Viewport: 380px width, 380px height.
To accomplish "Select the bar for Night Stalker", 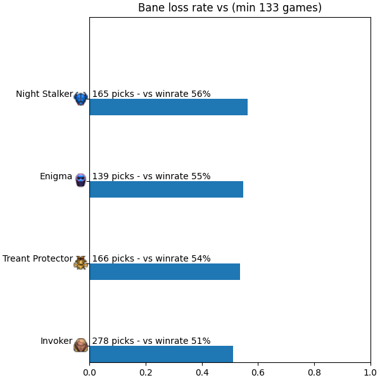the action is (168, 107).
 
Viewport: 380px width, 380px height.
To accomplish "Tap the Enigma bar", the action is (167, 189).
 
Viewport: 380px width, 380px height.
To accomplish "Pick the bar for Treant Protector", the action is (165, 272).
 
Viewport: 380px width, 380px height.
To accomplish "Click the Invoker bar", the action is (161, 354).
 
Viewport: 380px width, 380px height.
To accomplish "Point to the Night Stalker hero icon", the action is (80, 99).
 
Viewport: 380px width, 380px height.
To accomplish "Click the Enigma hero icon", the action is (80, 180).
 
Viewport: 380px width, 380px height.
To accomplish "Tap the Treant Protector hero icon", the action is (80, 263).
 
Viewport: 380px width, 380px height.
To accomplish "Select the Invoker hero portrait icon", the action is (80, 345).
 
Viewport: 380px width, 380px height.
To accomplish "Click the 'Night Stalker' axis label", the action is (44, 94).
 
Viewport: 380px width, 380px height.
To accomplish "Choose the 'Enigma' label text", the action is (56, 177).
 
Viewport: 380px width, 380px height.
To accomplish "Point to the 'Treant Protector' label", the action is (37, 258).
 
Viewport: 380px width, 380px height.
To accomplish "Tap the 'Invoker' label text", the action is (56, 341).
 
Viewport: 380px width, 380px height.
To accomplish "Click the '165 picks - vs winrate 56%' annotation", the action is (151, 94).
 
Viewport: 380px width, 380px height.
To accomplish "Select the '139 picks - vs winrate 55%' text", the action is (151, 176).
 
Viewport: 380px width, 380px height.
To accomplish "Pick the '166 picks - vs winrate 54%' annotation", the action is (151, 258).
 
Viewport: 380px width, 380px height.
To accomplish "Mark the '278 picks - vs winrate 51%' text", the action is (151, 341).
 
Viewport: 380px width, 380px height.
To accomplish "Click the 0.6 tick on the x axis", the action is (258, 372).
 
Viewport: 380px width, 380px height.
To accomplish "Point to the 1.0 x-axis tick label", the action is (370, 372).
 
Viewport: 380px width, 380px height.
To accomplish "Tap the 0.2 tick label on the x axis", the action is (146, 372).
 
